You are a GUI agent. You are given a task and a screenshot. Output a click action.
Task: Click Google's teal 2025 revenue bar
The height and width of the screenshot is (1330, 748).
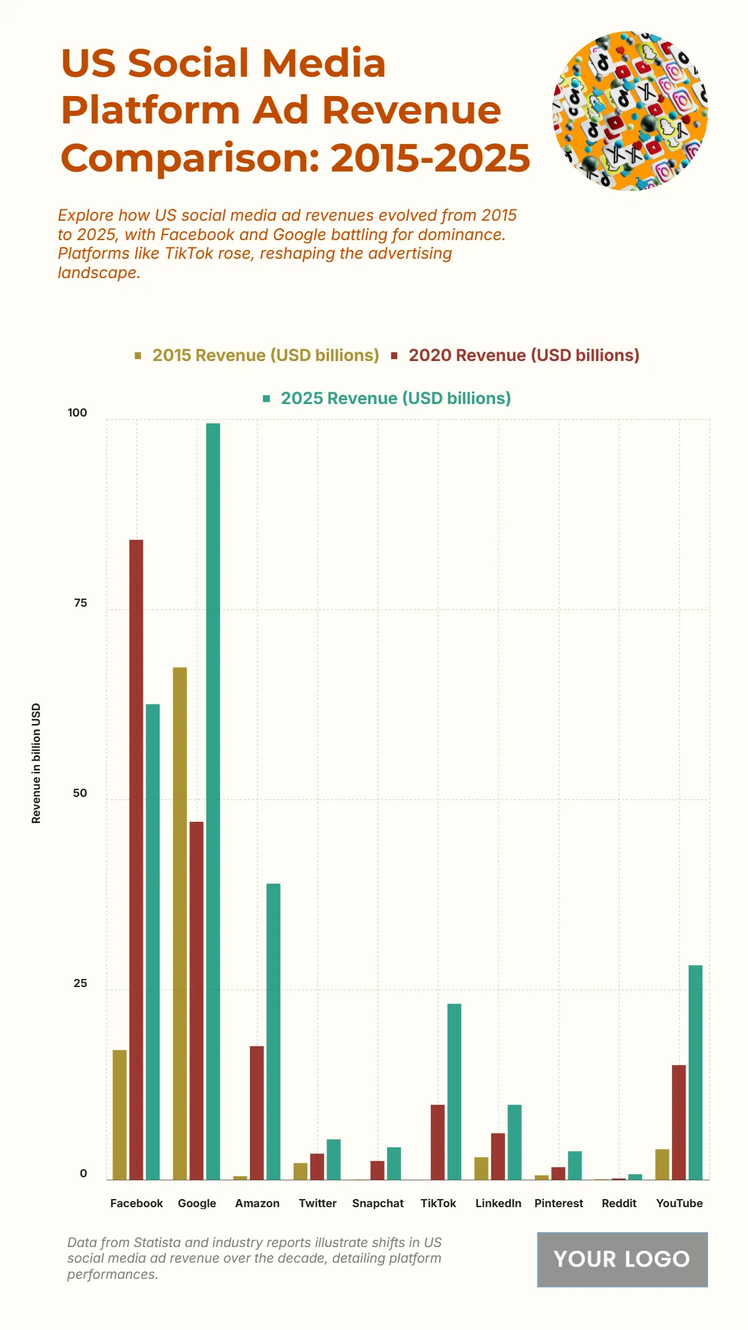pyautogui.click(x=213, y=801)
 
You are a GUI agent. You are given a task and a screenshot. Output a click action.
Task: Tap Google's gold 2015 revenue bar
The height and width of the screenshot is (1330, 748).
pyautogui.click(x=180, y=923)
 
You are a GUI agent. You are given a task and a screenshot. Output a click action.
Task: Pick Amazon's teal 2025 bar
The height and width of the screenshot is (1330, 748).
pyautogui.click(x=273, y=1031)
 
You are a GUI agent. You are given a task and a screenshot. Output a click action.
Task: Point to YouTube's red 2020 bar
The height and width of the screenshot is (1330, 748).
pyautogui.click(x=678, y=1122)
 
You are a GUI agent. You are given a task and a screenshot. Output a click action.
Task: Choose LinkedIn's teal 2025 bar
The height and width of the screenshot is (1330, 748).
pyautogui.click(x=514, y=1142)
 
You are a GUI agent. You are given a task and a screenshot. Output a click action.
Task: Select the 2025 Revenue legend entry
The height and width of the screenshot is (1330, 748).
pyautogui.click(x=387, y=398)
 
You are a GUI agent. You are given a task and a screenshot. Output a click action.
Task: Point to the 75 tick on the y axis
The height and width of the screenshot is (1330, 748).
pyautogui.click(x=80, y=603)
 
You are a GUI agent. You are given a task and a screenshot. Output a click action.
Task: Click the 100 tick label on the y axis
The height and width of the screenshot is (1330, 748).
pyautogui.click(x=77, y=413)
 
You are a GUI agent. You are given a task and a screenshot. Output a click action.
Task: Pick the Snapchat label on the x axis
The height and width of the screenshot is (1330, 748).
pyautogui.click(x=378, y=1203)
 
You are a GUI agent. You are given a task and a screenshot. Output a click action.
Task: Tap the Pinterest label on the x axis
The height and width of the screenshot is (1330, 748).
pyautogui.click(x=559, y=1203)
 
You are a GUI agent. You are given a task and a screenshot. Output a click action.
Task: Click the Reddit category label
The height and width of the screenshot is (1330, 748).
pyautogui.click(x=619, y=1203)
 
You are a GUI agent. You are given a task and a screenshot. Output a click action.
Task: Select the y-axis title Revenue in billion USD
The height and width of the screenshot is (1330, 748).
pyautogui.click(x=36, y=763)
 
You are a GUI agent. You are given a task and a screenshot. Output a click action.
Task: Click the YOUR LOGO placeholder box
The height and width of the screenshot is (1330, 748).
pyautogui.click(x=622, y=1259)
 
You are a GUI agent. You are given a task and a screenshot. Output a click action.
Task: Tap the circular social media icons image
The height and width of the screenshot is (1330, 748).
pyautogui.click(x=630, y=111)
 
